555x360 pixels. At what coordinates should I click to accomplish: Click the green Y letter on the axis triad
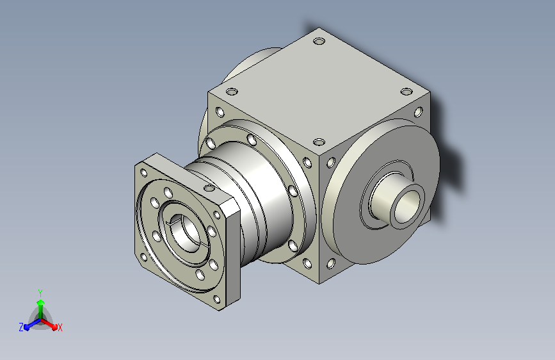40,293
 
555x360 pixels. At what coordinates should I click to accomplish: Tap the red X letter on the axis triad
60,327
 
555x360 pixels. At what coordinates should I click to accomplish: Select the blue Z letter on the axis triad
21,327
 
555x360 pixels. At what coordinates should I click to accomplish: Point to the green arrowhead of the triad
41,303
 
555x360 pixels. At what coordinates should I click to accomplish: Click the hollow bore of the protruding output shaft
406,206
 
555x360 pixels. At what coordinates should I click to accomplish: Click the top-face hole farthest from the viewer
319,42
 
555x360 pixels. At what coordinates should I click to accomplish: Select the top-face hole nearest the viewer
319,142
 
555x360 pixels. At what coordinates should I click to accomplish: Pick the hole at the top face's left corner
232,92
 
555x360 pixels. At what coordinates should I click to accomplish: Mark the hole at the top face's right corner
406,92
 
